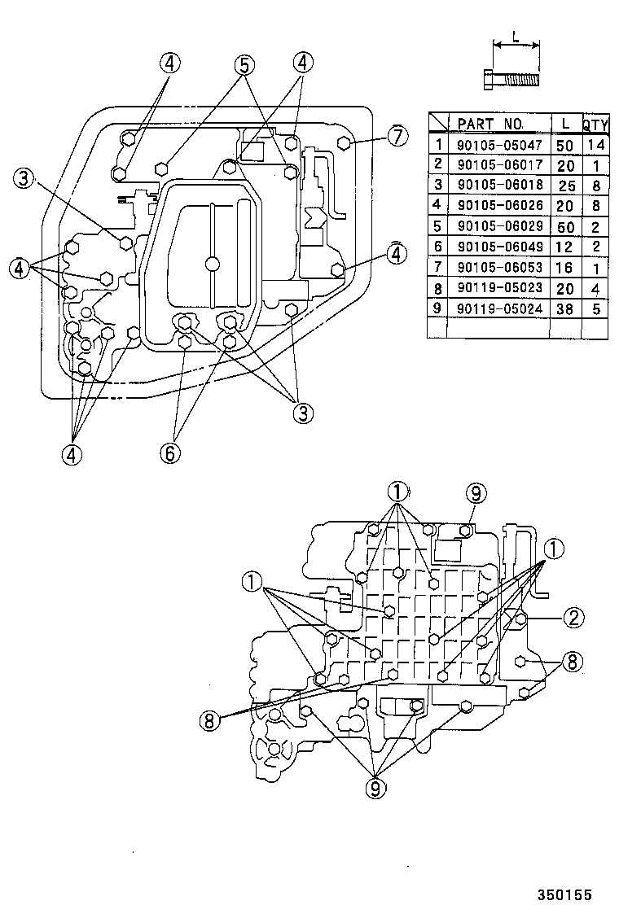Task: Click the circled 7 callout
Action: [397, 136]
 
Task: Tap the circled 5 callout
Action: [244, 64]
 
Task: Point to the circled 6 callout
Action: [169, 452]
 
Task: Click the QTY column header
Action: [595, 125]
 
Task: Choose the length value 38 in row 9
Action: [564, 308]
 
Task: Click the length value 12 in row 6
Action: [564, 247]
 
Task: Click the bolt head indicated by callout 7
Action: [344, 143]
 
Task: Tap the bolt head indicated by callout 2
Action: [521, 619]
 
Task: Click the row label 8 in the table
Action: [438, 288]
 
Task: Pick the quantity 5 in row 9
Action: [595, 308]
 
